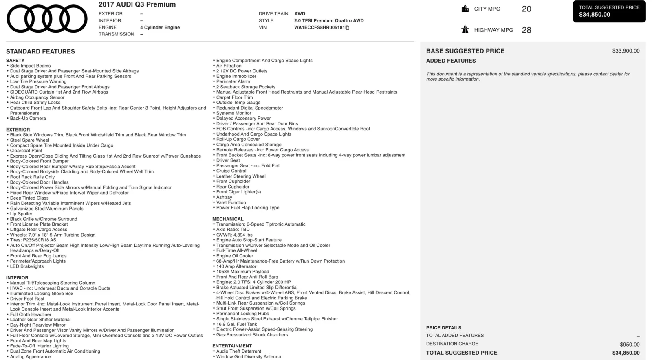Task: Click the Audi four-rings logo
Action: pyautogui.click(x=47, y=19)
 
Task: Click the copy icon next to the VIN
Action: pyautogui.click(x=348, y=28)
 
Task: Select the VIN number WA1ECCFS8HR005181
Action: pyautogui.click(x=319, y=28)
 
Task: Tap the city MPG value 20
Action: pyautogui.click(x=526, y=9)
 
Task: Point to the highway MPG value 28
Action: pyautogui.click(x=526, y=30)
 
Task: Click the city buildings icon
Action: pyautogui.click(x=465, y=9)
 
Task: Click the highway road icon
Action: pyautogui.click(x=465, y=30)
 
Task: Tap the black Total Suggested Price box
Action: pyautogui.click(x=609, y=11)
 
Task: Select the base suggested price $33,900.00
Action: pyautogui.click(x=626, y=51)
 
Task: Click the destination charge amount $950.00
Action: pyautogui.click(x=630, y=345)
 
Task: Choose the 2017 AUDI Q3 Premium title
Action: pyautogui.click(x=137, y=4)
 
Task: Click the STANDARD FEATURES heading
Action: pyautogui.click(x=40, y=51)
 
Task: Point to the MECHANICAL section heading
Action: pyautogui.click(x=228, y=219)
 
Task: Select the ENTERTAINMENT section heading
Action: pyautogui.click(x=232, y=346)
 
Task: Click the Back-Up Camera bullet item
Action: pyautogui.click(x=28, y=119)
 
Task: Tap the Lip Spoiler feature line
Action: pyautogui.click(x=21, y=214)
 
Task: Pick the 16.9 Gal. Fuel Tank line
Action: pyautogui.click(x=236, y=324)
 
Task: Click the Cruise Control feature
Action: pyautogui.click(x=231, y=171)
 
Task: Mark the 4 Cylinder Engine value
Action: pyautogui.click(x=160, y=27)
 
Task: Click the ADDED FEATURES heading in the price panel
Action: pyautogui.click(x=451, y=61)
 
